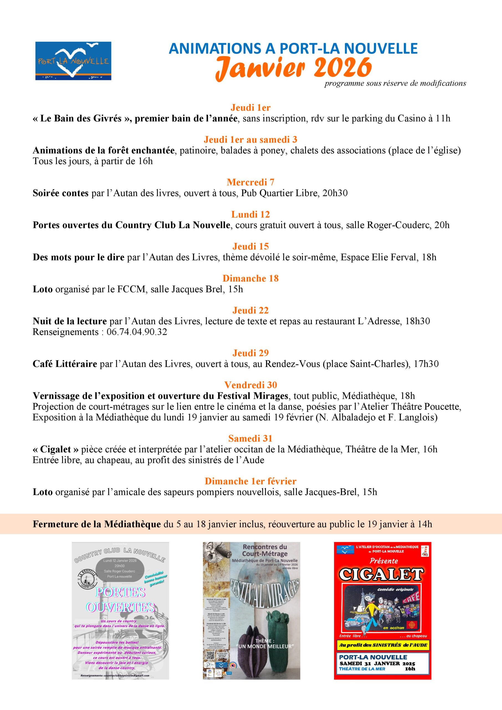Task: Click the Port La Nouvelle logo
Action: click(73, 61)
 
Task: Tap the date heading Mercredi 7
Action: click(250, 182)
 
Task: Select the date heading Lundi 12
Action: click(250, 214)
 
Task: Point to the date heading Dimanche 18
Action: click(250, 278)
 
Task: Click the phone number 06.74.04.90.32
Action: click(137, 332)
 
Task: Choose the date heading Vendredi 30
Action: click(250, 385)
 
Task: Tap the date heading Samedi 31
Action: click(250, 438)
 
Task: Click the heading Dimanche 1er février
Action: click(250, 481)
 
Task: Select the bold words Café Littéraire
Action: click(65, 364)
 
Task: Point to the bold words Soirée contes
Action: click(61, 193)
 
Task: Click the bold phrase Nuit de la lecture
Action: click(70, 321)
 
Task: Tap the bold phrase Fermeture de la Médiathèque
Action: click(97, 524)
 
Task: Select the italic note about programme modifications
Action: click(395, 83)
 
